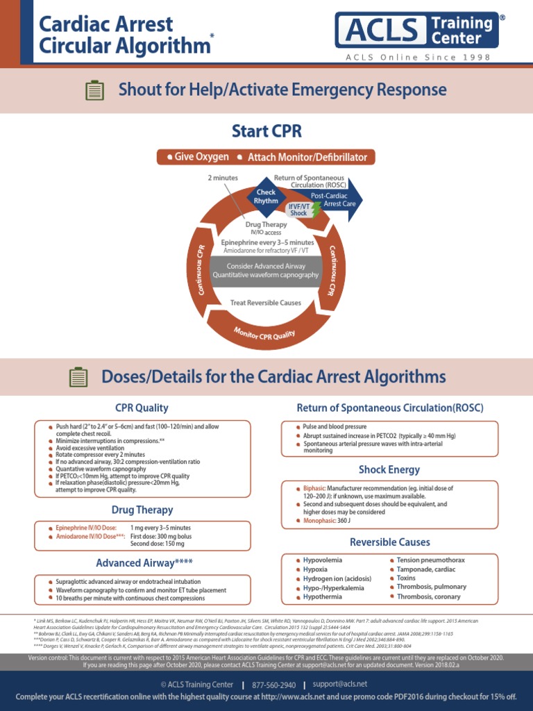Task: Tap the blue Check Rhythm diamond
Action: tap(266, 196)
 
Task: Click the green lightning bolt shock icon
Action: tap(316, 210)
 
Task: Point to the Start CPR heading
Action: tap(266, 131)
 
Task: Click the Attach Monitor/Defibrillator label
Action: tap(307, 158)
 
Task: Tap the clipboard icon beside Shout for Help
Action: tap(94, 90)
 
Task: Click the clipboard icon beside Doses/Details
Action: tap(78, 377)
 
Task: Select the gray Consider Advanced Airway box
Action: tap(266, 271)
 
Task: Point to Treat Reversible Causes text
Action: tap(266, 303)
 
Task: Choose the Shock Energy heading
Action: tap(389, 470)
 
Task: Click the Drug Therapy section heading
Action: tap(142, 510)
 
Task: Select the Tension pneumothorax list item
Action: tap(430, 560)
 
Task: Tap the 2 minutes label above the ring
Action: tap(223, 178)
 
